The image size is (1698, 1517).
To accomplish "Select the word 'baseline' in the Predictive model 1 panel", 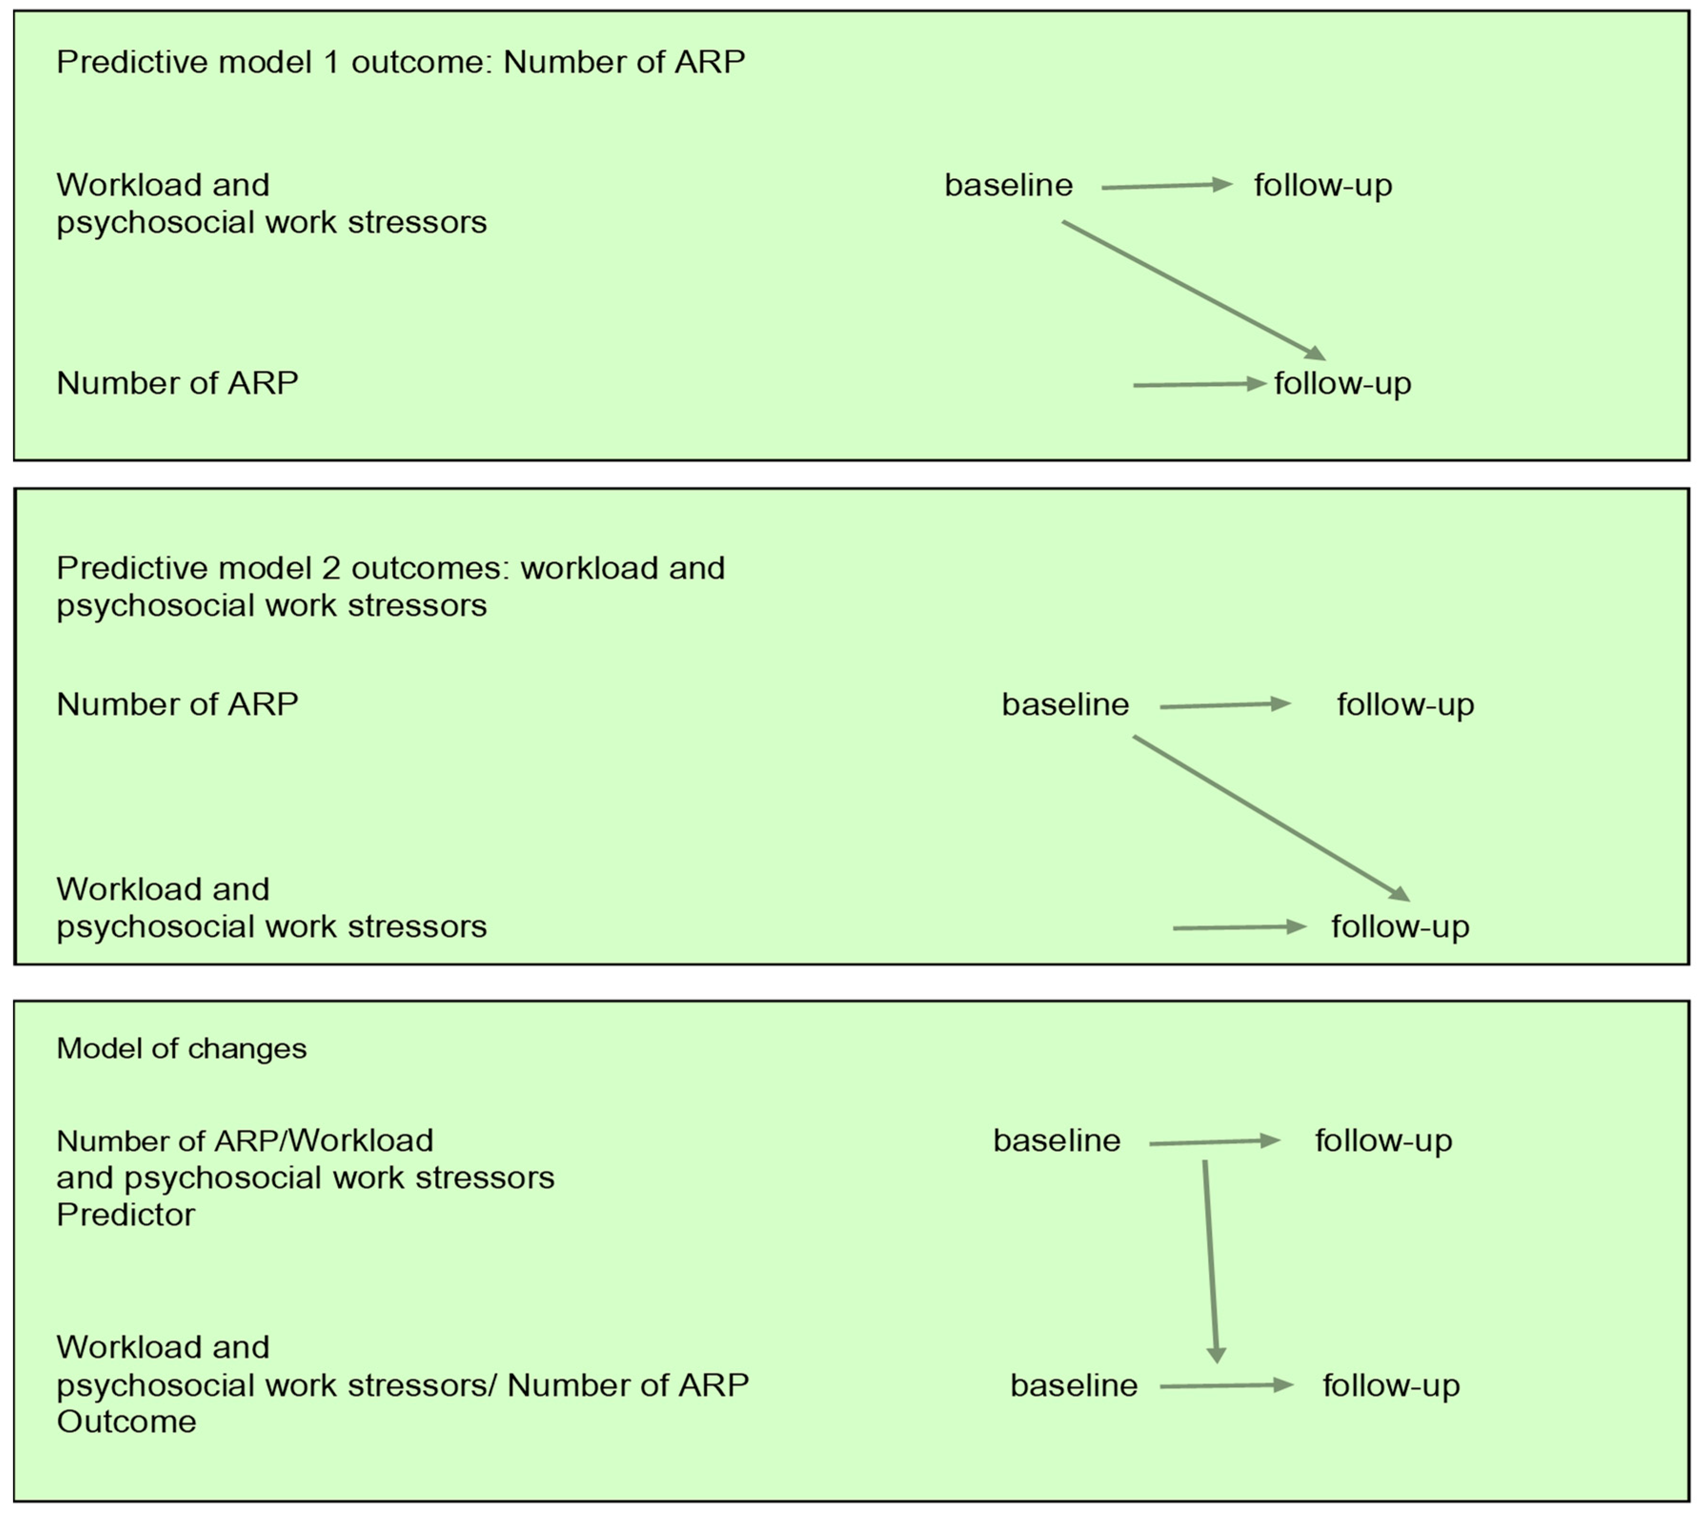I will point(1008,185).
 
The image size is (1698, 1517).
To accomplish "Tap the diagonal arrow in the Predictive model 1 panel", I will point(1192,289).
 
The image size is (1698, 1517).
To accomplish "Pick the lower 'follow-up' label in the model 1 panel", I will point(1342,384).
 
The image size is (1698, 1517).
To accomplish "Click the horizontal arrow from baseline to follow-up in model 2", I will point(1223,705).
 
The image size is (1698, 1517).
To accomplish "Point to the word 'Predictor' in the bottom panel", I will point(125,1215).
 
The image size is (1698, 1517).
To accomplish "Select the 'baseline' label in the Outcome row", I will point(1074,1386).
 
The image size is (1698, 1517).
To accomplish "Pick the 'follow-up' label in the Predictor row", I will point(1383,1141).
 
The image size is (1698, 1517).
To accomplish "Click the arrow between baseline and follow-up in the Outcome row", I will point(1225,1386).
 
